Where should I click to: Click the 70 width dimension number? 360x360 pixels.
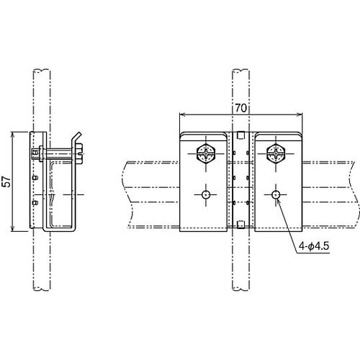coord(240,108)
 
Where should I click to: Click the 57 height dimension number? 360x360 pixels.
coord(6,181)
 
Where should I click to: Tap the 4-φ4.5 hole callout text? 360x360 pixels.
coord(314,246)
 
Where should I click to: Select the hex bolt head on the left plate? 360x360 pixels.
coord(206,153)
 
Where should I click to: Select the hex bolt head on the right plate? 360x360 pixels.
coord(276,153)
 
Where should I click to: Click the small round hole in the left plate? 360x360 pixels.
coord(206,194)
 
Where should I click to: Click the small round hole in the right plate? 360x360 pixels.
coord(276,194)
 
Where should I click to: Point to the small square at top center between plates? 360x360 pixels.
coord(240,135)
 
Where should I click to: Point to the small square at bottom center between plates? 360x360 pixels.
coord(240,225)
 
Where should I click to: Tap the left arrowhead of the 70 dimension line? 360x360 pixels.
coord(182,114)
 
